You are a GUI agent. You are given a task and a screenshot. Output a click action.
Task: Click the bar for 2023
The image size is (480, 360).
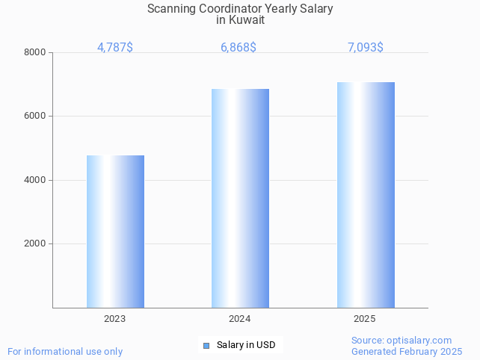(x=115, y=232)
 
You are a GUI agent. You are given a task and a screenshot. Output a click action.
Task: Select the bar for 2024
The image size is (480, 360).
(x=240, y=198)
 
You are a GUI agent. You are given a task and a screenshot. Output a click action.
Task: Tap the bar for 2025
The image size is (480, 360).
(x=366, y=194)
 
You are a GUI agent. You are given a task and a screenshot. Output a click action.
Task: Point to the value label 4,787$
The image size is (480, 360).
(x=115, y=48)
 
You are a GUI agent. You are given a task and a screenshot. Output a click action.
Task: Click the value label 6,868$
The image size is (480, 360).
(x=239, y=48)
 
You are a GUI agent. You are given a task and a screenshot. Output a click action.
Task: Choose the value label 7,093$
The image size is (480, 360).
(x=366, y=48)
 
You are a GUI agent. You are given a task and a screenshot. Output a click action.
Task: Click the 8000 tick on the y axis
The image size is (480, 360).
(x=34, y=53)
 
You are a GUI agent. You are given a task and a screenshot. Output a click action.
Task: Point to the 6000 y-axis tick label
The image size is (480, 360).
(x=34, y=117)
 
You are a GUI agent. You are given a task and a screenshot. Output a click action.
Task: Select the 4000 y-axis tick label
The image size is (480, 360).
(x=34, y=180)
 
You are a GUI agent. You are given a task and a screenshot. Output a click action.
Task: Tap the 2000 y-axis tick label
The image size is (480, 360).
(x=34, y=244)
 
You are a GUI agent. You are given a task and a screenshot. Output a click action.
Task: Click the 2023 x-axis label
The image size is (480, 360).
(x=114, y=319)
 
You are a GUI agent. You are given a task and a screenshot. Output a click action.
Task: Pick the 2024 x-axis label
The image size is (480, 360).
(x=239, y=319)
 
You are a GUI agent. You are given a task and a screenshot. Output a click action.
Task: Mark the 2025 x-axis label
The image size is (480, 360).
(x=364, y=319)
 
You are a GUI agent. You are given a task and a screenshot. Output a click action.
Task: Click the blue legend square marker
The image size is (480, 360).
(x=206, y=345)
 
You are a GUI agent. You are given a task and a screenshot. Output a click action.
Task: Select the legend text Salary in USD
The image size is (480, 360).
(x=246, y=345)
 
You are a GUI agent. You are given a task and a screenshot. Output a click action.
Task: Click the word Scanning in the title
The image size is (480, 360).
(x=171, y=9)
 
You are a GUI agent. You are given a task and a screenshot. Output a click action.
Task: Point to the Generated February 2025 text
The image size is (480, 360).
(x=407, y=351)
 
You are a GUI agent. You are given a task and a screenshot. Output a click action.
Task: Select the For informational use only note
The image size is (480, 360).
(x=65, y=351)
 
